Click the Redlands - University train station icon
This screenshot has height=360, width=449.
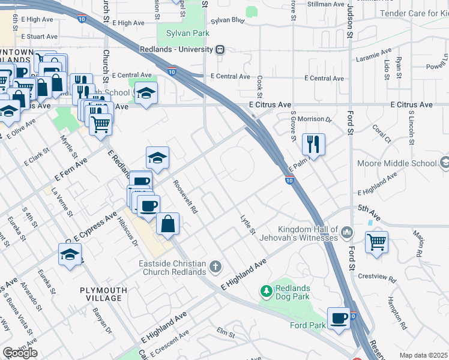point(220,49)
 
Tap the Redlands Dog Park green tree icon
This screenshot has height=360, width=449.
point(266,291)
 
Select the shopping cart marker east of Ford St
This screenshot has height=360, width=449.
point(376,242)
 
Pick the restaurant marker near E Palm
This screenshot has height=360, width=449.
point(313,144)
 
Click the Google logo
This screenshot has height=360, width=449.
point(20,353)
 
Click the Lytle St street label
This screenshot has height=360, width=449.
point(247,224)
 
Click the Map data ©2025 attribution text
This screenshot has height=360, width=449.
point(423,355)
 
